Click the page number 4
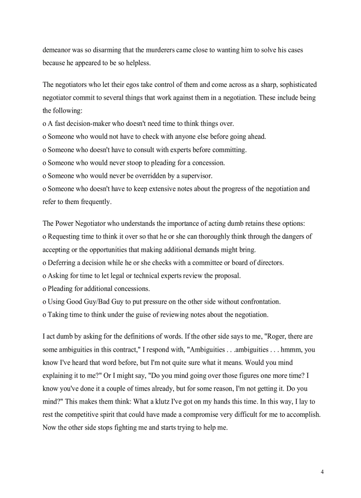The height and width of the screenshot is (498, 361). pyautogui.click(x=322, y=472)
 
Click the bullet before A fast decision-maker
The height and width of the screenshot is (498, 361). pyautogui.click(x=44, y=124)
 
